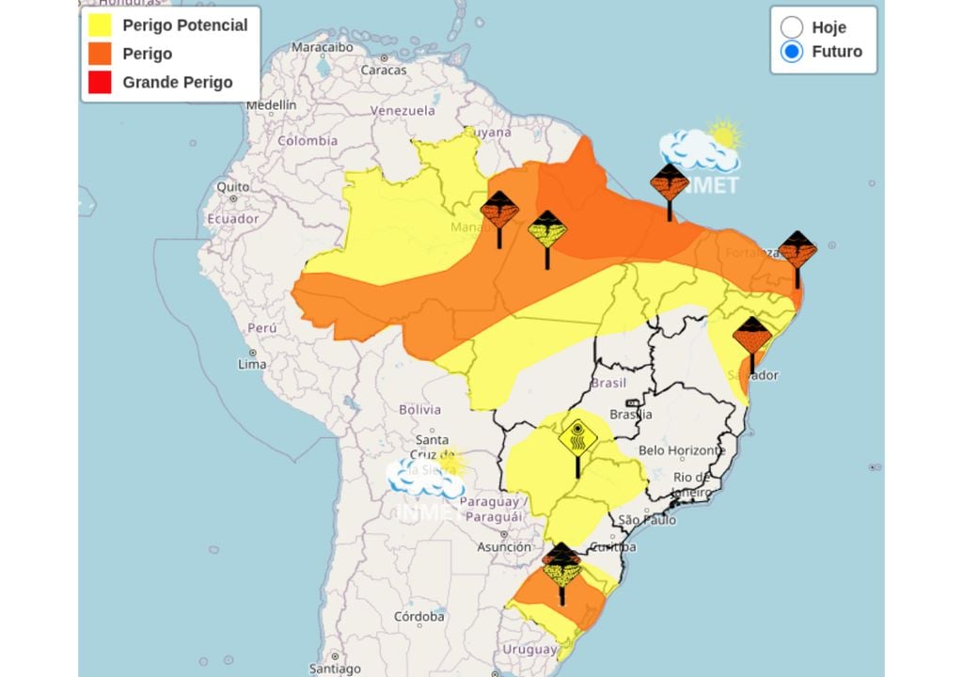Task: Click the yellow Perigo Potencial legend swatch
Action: pos(101,25)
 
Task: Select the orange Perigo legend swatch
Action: pos(101,54)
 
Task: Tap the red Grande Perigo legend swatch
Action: pos(101,82)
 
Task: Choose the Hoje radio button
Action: pos(792,27)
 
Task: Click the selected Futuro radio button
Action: pos(792,52)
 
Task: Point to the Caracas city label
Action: pos(384,70)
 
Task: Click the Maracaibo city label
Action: pos(322,46)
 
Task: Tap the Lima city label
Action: pos(253,364)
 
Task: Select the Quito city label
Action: pos(233,187)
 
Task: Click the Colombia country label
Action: pos(307,141)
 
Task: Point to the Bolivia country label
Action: pos(419,409)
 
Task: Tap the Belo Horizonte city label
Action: pos(682,450)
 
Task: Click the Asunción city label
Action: pos(504,546)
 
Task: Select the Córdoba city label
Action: pos(419,617)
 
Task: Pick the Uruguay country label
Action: pos(529,650)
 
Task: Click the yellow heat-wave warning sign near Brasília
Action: pos(577,438)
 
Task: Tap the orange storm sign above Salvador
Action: pos(752,336)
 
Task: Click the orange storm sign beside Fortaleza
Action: pos(797,249)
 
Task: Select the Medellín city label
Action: pos(271,105)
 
